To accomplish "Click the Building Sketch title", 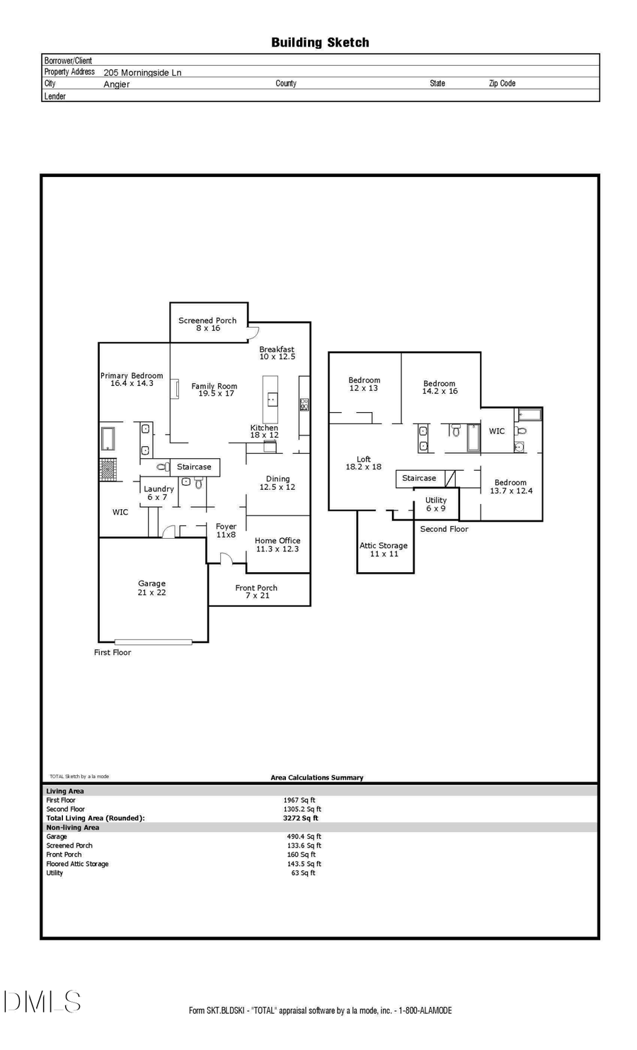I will tap(320, 42).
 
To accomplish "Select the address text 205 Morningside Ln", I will tap(142, 72).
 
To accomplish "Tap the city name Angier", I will tap(117, 84).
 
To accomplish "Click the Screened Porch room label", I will tap(207, 321).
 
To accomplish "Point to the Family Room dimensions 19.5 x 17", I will tap(216, 394).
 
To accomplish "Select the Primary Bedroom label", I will tap(132, 376).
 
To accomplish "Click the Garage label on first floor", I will tap(151, 583).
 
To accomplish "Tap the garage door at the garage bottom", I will tap(153, 642).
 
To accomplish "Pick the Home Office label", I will tap(277, 541).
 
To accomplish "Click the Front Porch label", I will tap(256, 588).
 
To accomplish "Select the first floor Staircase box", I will tap(194, 467).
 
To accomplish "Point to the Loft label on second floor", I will tap(363, 460).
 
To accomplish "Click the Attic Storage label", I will tap(384, 546).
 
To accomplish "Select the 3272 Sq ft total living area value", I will tap(300, 818).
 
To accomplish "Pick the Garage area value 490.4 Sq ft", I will tap(304, 837).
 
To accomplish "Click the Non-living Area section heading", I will tap(73, 828).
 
